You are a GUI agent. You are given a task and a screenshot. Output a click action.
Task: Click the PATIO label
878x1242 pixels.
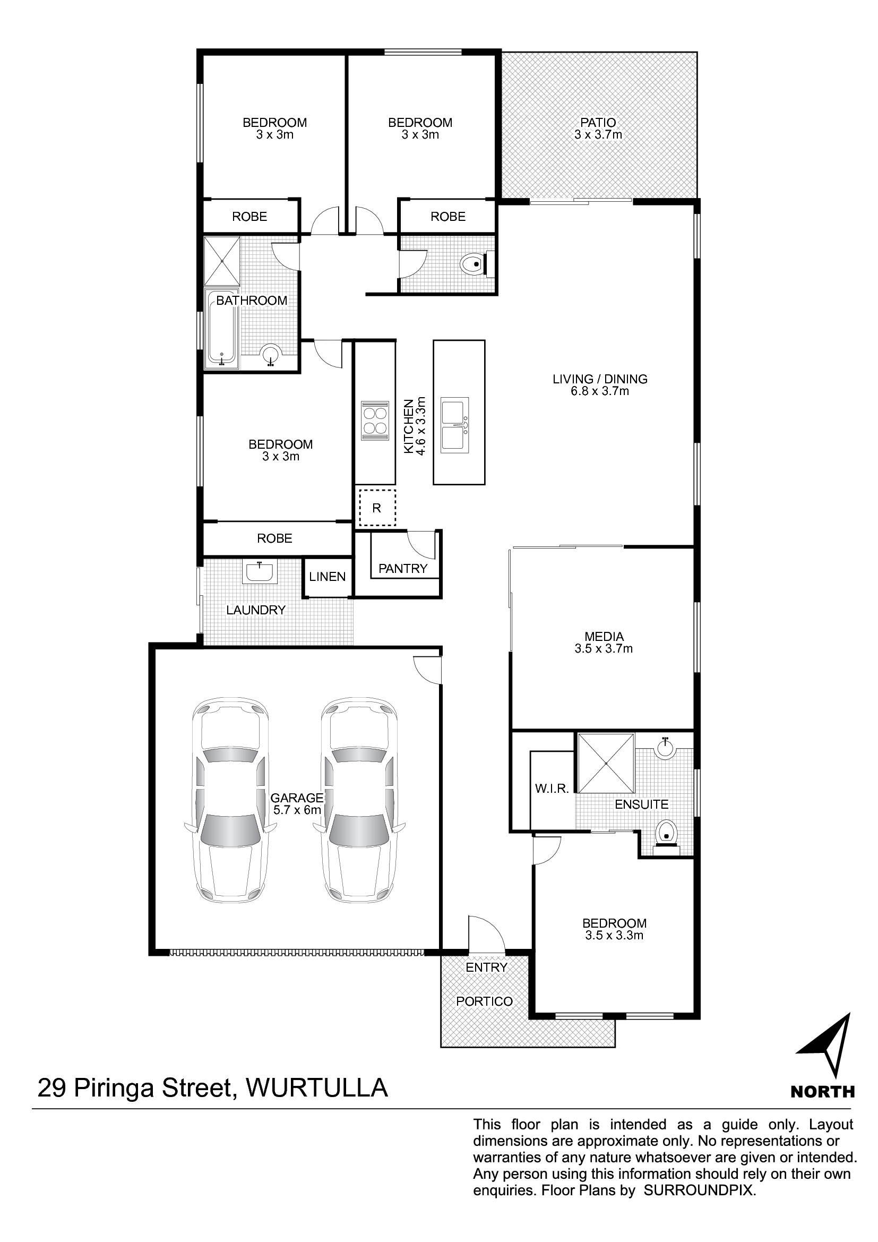click(598, 123)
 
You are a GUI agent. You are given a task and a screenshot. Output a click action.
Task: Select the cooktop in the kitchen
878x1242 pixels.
click(375, 421)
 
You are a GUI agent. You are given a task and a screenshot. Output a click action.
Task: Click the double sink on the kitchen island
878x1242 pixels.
click(455, 425)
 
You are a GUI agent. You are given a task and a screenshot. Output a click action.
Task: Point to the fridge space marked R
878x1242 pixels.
click(376, 508)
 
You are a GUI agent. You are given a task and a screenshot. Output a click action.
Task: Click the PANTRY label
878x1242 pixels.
click(403, 569)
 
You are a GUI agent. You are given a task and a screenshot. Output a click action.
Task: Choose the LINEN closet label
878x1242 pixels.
click(327, 577)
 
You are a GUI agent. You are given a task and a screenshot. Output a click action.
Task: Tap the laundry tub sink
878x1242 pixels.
click(261, 572)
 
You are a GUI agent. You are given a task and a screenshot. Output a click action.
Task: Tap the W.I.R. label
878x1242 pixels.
click(552, 789)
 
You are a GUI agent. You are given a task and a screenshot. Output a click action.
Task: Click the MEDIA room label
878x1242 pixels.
click(604, 637)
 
